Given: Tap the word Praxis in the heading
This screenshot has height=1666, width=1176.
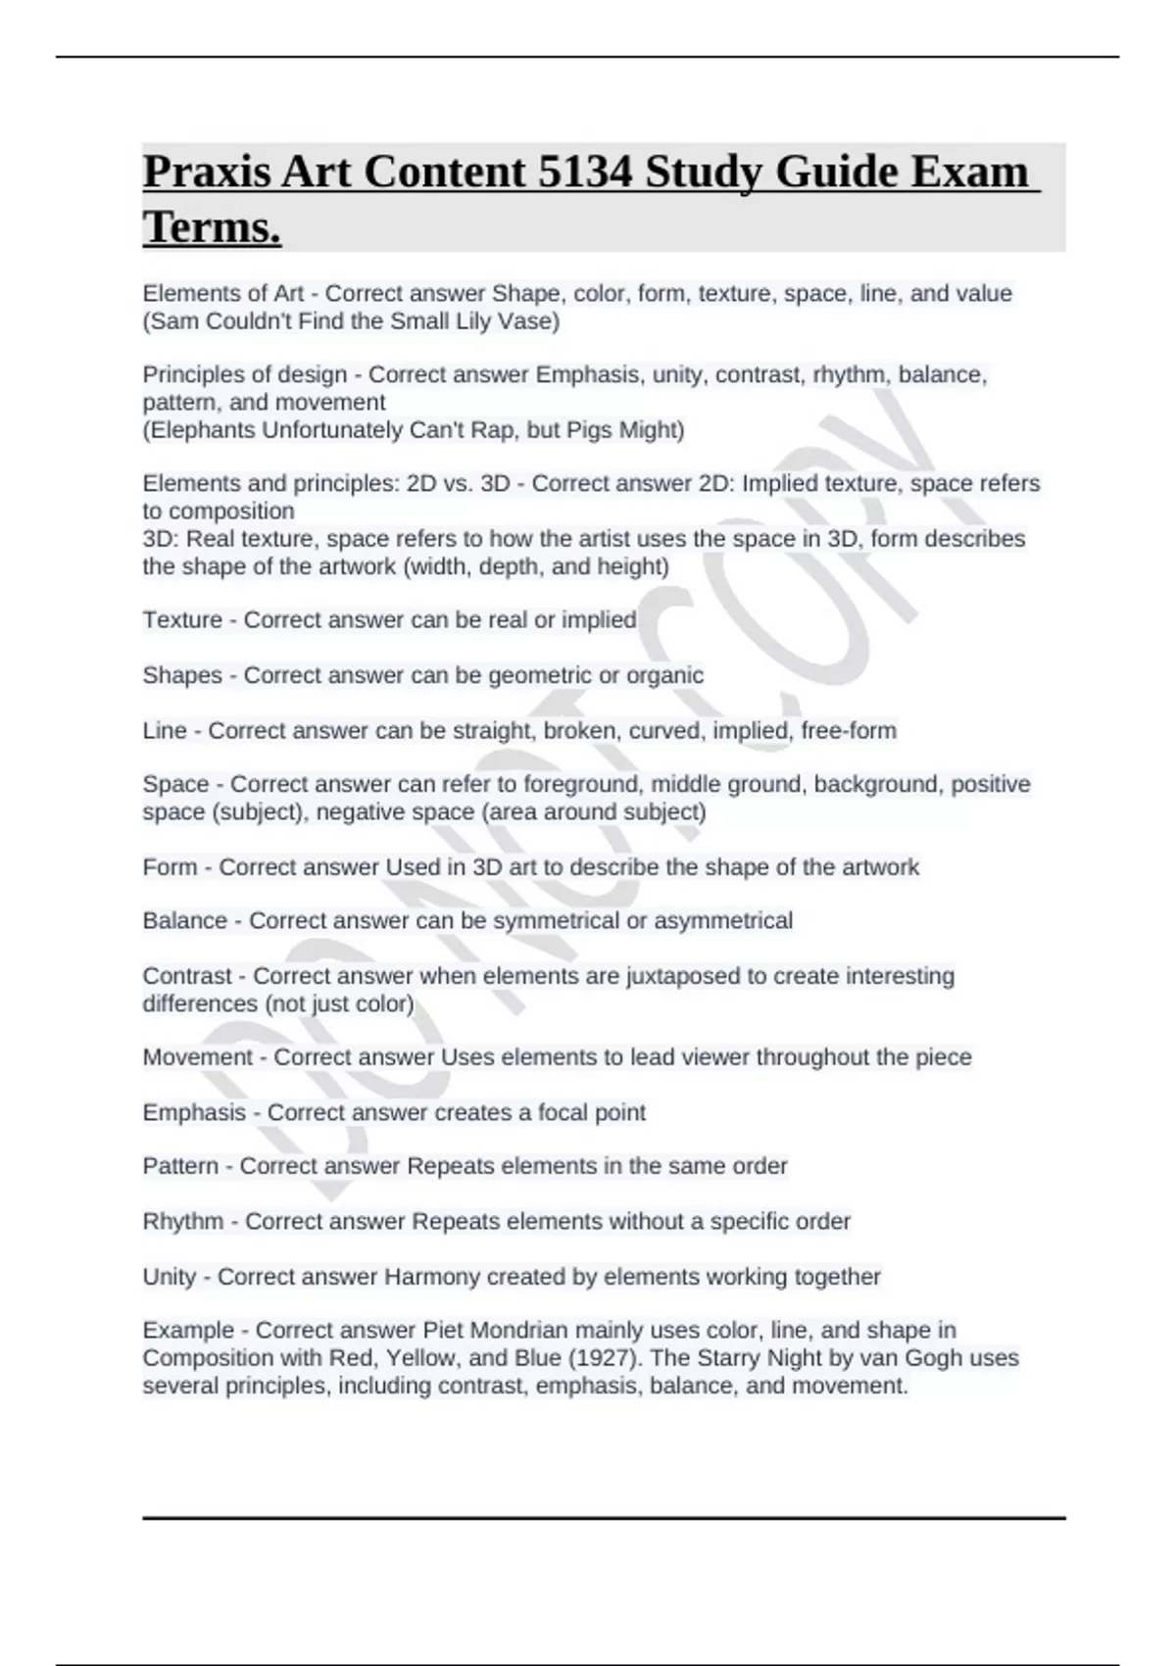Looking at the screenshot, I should (206, 172).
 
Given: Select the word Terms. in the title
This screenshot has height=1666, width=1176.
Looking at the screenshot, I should (212, 227).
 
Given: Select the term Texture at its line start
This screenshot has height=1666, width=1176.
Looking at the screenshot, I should (182, 620).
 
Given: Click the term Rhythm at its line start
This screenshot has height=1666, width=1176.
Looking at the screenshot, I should (182, 1222).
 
